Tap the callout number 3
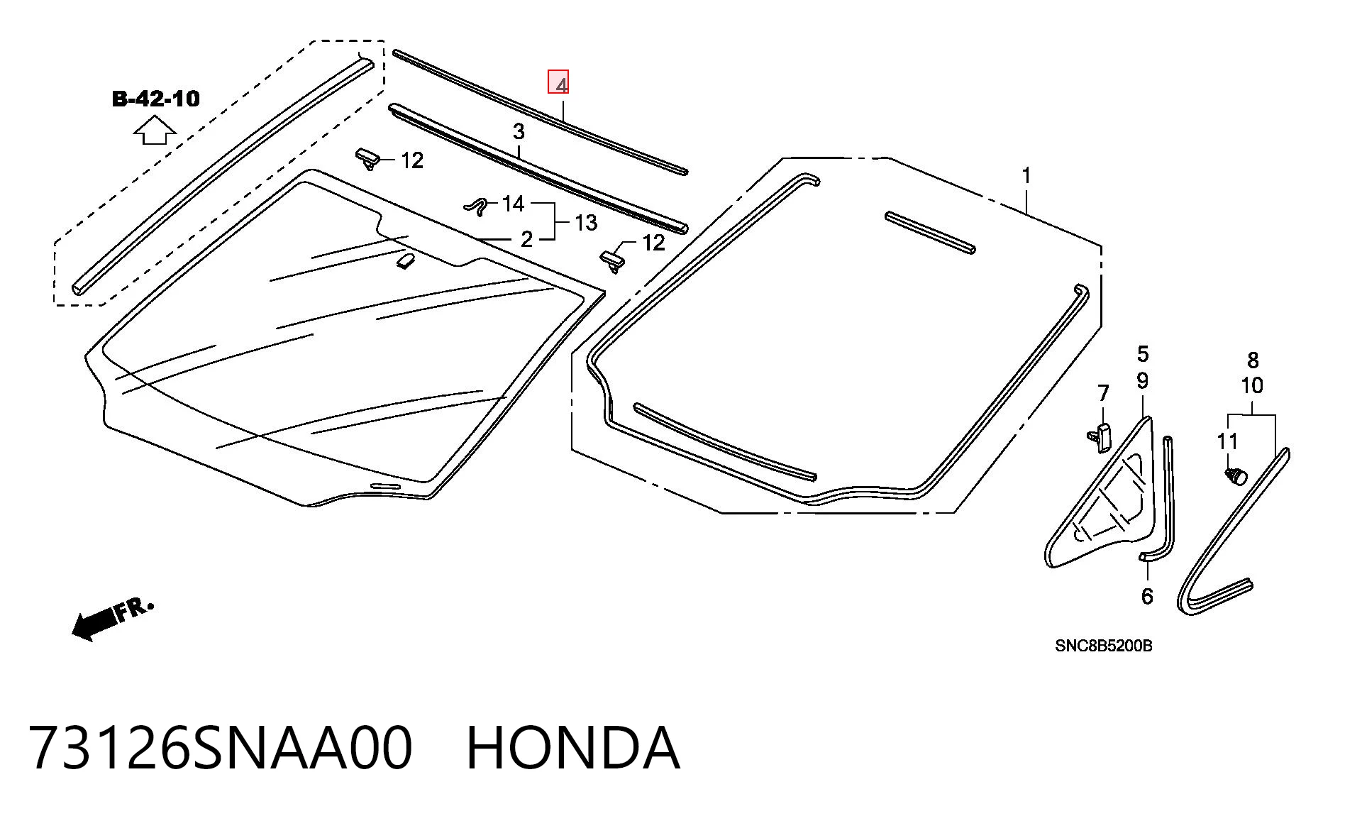click(x=519, y=131)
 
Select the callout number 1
click(x=1026, y=175)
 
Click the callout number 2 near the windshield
click(x=526, y=239)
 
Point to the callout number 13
click(x=585, y=223)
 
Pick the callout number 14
click(x=513, y=204)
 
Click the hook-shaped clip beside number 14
click(x=477, y=205)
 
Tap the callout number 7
click(x=1103, y=393)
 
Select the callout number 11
click(x=1227, y=441)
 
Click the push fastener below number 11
click(x=1236, y=476)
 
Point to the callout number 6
click(x=1147, y=596)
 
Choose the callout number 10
click(x=1252, y=386)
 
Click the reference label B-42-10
click(x=156, y=99)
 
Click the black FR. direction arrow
click(x=95, y=624)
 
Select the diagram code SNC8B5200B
click(x=1103, y=646)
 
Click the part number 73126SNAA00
click(x=221, y=748)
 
